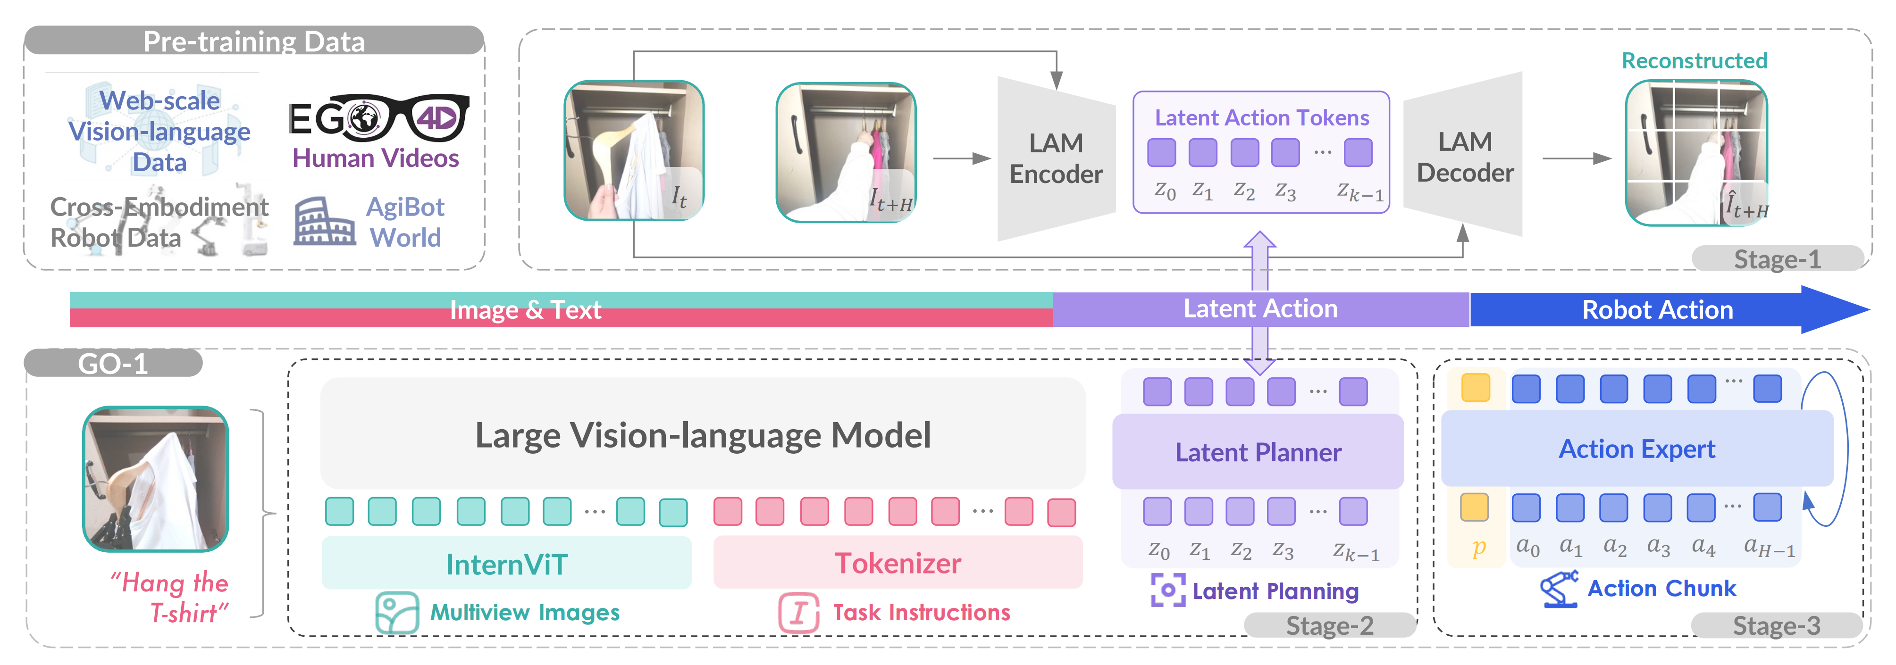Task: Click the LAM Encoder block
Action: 1056,158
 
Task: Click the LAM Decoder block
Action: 1465,157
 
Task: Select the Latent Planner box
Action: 1258,452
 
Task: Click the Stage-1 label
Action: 1777,259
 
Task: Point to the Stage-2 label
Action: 1329,625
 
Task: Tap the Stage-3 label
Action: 1776,625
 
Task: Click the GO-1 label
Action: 113,364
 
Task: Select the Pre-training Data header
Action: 254,41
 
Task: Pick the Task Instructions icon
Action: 798,612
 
